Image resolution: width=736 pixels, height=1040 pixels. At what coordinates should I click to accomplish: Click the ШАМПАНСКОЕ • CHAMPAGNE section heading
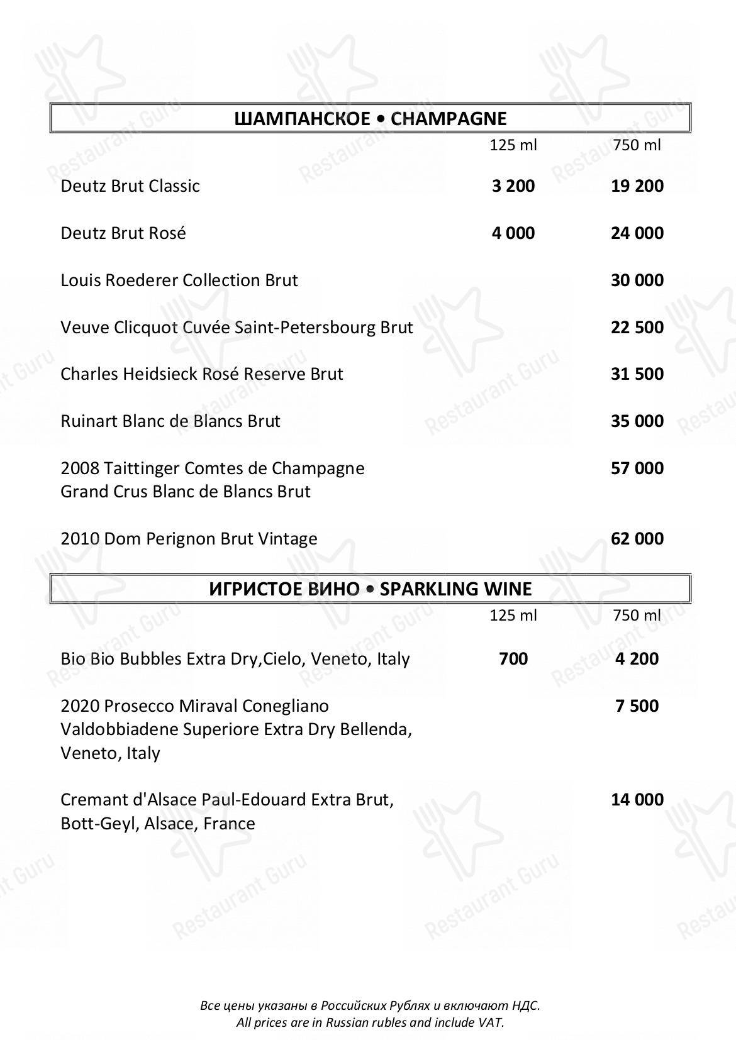click(370, 118)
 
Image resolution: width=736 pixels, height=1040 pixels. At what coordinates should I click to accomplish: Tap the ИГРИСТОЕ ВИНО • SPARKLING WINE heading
click(370, 589)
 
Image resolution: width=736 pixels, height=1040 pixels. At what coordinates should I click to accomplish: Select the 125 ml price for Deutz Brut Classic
click(513, 186)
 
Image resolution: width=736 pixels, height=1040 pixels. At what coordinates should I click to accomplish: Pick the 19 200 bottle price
click(637, 186)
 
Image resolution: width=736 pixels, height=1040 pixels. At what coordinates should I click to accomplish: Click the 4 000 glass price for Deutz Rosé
click(513, 233)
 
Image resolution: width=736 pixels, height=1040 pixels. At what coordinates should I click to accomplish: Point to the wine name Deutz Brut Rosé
click(123, 233)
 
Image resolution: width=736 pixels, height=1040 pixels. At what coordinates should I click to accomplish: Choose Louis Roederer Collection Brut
click(179, 280)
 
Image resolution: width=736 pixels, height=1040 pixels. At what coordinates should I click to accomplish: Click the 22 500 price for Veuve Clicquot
click(637, 328)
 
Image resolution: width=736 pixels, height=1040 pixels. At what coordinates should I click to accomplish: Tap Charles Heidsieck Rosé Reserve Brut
click(202, 374)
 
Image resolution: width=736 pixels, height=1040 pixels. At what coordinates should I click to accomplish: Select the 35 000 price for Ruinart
click(637, 421)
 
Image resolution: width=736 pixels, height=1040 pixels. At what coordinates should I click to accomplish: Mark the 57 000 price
click(637, 468)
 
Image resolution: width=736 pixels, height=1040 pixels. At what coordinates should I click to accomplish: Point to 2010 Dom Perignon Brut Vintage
click(189, 539)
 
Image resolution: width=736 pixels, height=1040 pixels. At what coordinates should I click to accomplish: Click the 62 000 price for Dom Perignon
click(637, 539)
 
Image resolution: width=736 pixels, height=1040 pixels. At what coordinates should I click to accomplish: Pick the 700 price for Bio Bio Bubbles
click(513, 659)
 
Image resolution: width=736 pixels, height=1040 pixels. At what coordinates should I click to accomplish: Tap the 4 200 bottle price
click(637, 659)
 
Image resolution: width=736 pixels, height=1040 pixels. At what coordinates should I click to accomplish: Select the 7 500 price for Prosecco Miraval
click(637, 706)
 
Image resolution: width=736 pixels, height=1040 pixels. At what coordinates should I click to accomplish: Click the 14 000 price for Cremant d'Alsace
click(637, 800)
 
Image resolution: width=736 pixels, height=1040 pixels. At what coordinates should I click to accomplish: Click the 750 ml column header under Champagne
click(637, 145)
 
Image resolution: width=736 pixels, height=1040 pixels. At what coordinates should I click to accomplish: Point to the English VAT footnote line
click(370, 1022)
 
